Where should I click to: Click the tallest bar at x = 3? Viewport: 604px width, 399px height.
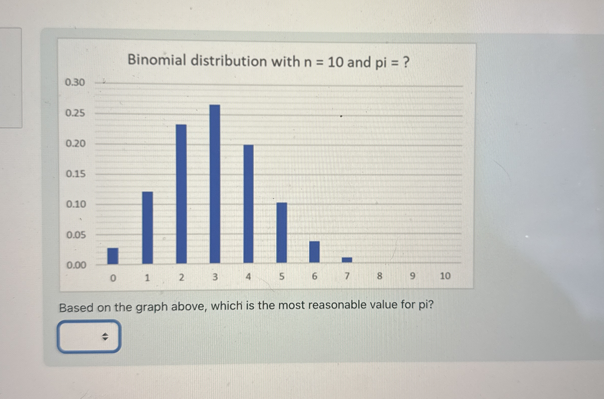[215, 184]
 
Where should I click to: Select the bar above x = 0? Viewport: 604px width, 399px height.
[113, 256]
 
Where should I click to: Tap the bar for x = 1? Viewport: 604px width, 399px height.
[147, 228]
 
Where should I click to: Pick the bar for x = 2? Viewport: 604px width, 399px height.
[181, 194]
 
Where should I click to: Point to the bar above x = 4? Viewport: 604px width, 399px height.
[249, 204]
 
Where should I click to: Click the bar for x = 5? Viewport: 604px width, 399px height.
[281, 232]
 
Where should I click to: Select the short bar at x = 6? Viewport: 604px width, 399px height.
[314, 252]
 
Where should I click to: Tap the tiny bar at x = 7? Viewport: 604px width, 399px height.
[347, 259]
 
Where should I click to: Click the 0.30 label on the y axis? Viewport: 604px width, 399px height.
[75, 82]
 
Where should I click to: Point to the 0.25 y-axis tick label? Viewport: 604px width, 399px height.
[75, 113]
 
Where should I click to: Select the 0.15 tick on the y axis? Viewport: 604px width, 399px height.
[76, 174]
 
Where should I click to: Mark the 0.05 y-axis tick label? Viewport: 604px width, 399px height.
[76, 235]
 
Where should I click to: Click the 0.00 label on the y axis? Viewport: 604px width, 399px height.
[76, 265]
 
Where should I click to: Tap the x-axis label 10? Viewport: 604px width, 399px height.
[445, 276]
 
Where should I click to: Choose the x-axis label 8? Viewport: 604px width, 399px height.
[380, 276]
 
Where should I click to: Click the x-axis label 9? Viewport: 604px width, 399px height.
[413, 276]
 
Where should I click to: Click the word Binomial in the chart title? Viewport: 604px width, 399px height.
[157, 60]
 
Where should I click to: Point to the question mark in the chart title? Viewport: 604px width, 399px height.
[406, 62]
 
